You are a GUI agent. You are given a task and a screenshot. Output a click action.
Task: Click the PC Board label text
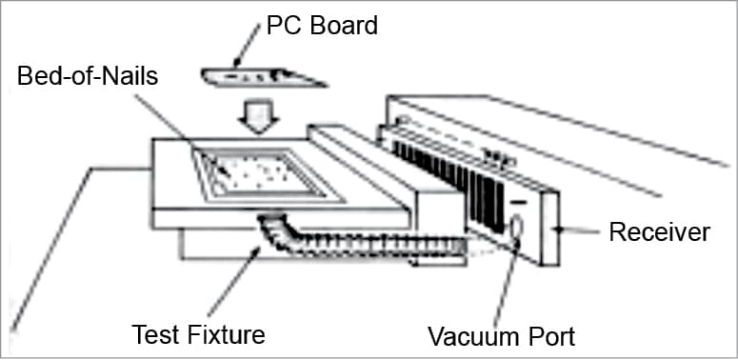click(322, 25)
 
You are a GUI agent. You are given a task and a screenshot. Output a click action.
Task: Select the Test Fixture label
click(197, 333)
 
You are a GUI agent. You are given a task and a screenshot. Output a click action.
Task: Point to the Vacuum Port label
click(501, 335)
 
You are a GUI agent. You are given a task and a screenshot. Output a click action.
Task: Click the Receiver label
click(660, 231)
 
